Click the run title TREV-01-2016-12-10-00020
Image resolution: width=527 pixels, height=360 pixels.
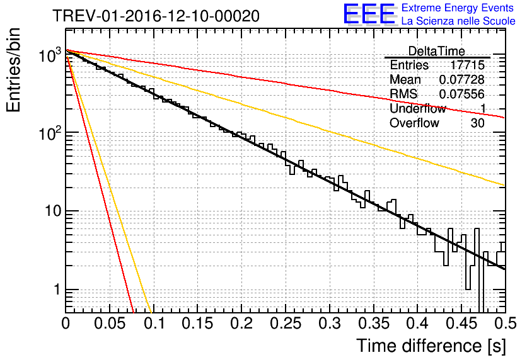(x=156, y=16)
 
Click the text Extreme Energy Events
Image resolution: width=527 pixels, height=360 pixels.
(x=458, y=8)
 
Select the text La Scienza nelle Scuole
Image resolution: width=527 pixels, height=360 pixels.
(x=458, y=21)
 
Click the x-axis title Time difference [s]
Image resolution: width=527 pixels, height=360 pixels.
(x=431, y=345)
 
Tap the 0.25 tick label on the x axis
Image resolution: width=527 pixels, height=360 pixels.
(x=241, y=323)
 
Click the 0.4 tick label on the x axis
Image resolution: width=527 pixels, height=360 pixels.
(x=417, y=323)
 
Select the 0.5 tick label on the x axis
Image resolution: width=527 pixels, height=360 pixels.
(x=504, y=323)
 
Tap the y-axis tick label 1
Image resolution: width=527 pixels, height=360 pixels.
(x=55, y=291)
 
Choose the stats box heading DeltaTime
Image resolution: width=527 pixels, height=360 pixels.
(x=436, y=51)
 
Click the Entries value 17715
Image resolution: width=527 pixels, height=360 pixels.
(x=467, y=65)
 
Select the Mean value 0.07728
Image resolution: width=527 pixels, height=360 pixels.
(x=461, y=80)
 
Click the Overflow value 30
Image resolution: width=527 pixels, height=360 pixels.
(x=477, y=123)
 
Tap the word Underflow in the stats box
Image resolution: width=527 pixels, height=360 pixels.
(x=417, y=109)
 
